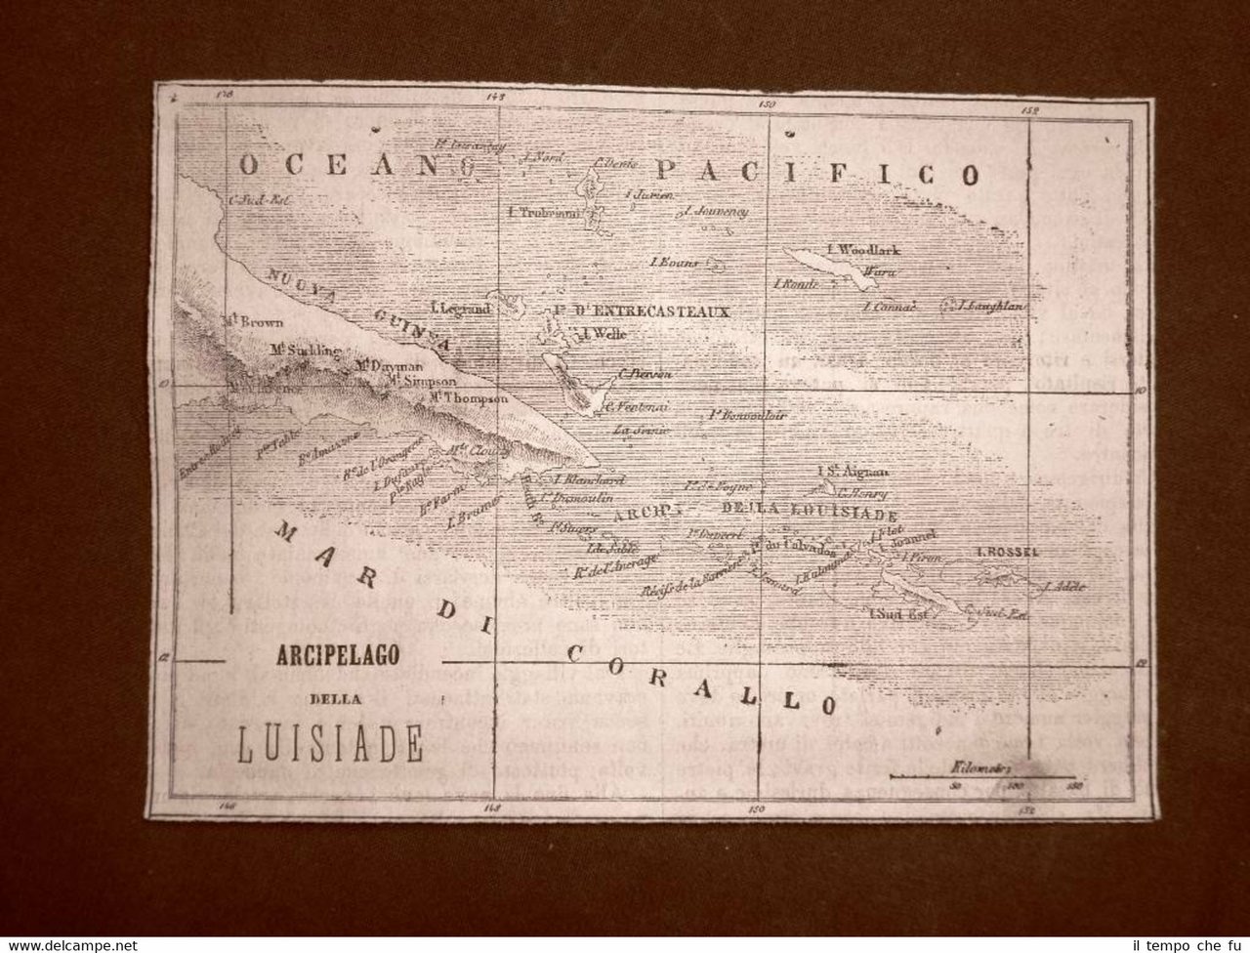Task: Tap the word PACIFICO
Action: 816,174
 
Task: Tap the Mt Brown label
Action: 252,320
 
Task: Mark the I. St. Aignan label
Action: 851,472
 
